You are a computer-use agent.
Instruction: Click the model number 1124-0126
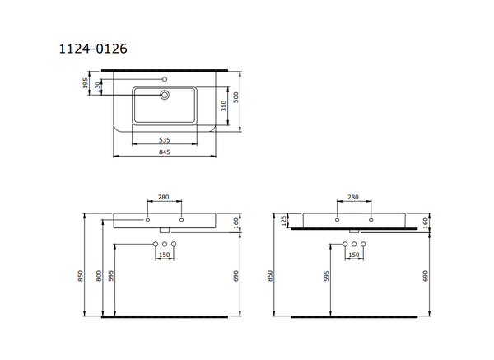coord(91,50)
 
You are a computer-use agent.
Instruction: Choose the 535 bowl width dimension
coord(164,141)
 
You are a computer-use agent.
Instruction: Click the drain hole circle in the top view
coord(165,96)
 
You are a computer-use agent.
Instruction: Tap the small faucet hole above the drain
coord(165,79)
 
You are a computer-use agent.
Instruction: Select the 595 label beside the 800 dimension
coord(113,279)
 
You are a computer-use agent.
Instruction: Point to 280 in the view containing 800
coord(164,198)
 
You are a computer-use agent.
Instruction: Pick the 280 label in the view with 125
coord(354,198)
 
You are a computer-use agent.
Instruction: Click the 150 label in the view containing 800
coord(165,255)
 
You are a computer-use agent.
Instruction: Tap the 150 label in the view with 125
coord(354,255)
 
